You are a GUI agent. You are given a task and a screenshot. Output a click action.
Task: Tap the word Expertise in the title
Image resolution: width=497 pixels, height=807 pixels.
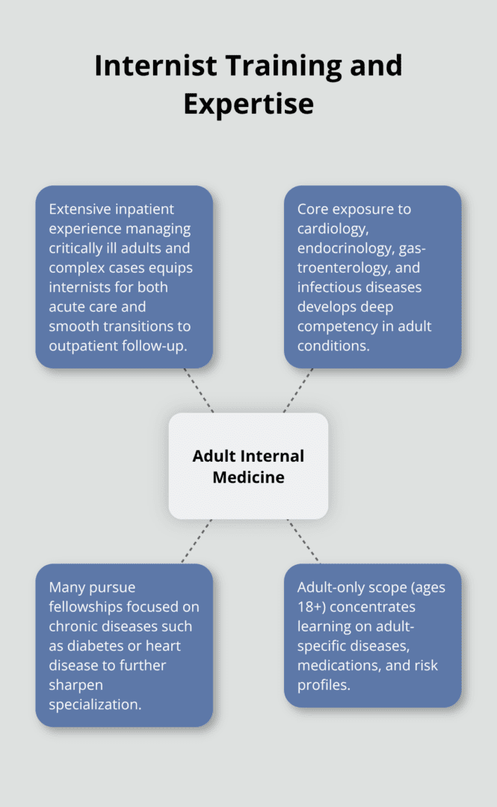[248, 104]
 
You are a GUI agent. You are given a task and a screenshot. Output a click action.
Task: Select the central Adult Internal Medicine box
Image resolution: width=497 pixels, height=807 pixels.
[248, 466]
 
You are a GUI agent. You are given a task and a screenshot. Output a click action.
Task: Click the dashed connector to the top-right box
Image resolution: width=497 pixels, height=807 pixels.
[297, 390]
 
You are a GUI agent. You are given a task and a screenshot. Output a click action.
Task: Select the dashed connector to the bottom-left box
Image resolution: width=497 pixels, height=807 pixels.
[197, 541]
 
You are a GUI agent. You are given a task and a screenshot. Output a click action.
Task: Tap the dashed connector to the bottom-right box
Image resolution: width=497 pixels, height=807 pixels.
[303, 541]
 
